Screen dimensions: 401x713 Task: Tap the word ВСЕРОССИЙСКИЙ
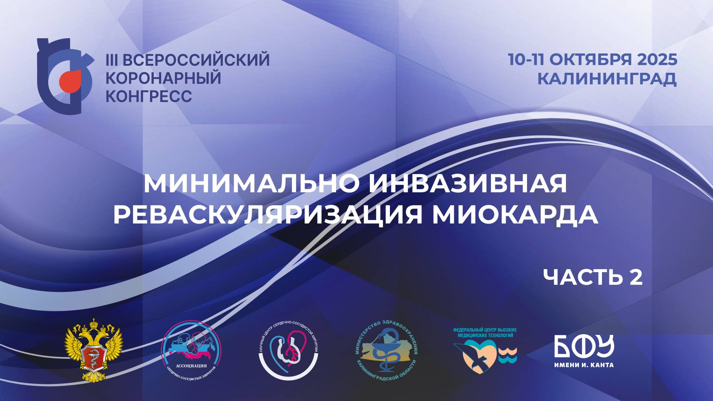195,60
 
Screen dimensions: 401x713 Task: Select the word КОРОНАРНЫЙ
163,78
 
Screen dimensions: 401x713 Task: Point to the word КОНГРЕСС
149,97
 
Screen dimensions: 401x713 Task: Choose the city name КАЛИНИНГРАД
607,79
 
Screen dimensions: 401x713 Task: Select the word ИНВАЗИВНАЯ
468,183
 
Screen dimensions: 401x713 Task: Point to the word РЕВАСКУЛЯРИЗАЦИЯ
268,215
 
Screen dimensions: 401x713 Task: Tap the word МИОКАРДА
515,215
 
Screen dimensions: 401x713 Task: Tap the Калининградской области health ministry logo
386,350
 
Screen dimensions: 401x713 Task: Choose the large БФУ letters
584,346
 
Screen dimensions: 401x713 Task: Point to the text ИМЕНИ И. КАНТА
584,365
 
